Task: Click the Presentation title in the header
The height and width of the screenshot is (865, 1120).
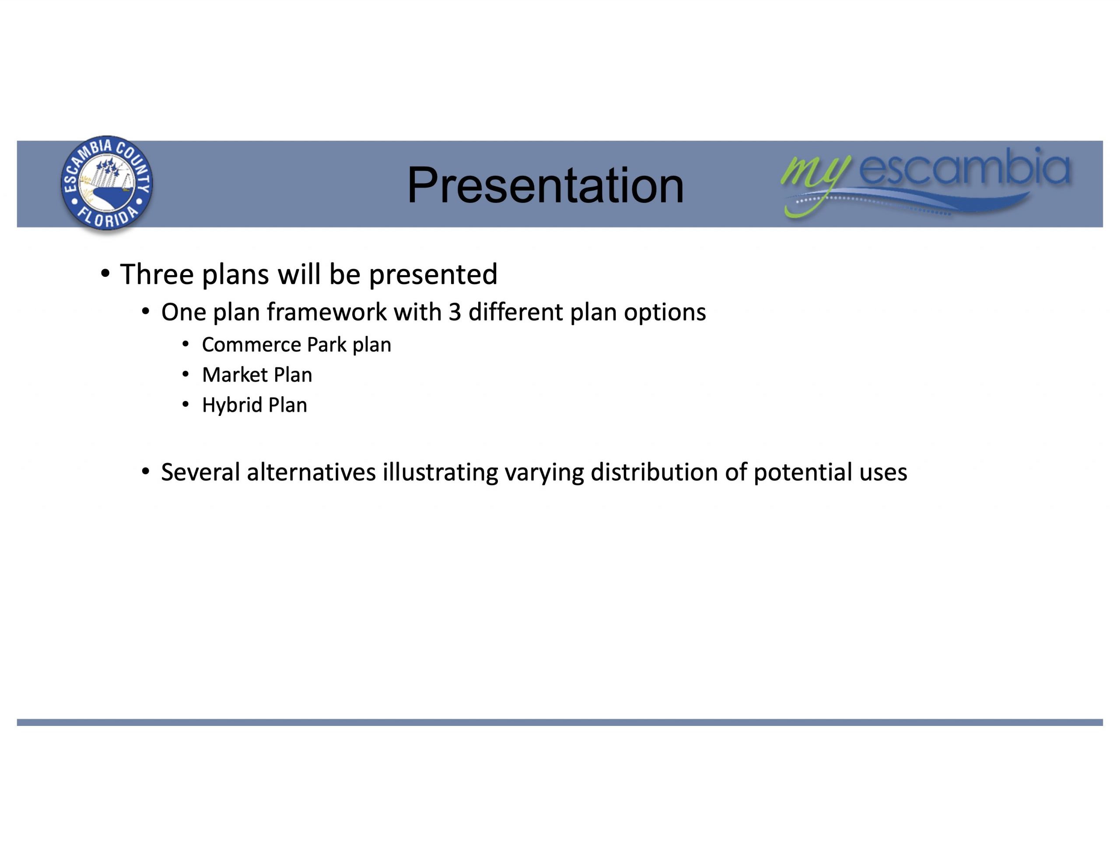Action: (545, 185)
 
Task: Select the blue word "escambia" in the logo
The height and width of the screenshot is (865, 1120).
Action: (965, 166)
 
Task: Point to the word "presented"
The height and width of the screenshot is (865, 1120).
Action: (433, 275)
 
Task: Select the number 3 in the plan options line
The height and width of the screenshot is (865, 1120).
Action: (455, 312)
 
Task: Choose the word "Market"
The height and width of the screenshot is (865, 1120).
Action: (235, 375)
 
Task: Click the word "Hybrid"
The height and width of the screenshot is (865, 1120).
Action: (232, 405)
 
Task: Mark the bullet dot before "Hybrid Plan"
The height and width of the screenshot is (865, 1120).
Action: (185, 405)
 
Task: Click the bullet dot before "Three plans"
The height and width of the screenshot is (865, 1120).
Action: (105, 273)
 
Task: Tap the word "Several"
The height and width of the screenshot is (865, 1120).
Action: (200, 472)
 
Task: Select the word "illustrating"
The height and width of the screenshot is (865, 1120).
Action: (440, 473)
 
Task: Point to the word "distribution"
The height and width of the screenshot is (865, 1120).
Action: (654, 472)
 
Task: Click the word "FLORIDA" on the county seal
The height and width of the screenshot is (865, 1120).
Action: (107, 217)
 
